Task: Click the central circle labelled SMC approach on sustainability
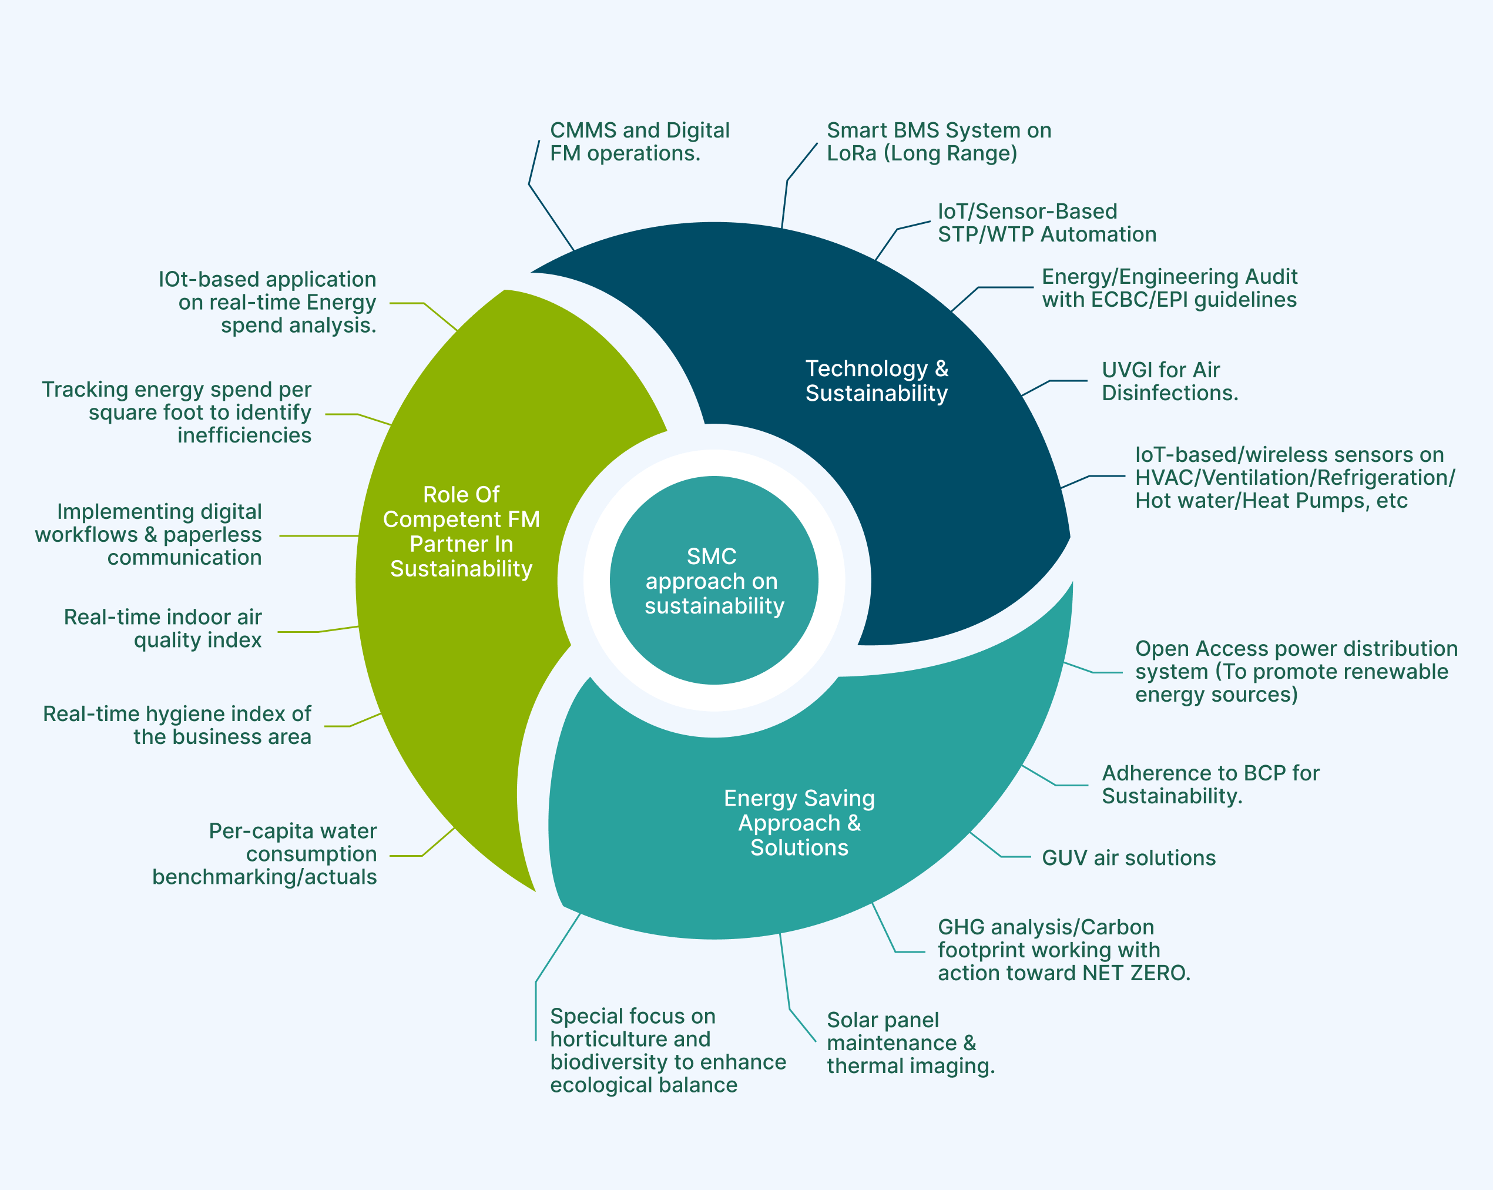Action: tap(714, 581)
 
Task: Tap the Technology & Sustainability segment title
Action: tap(876, 380)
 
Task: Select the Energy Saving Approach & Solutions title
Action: tap(799, 823)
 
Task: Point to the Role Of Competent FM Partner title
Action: tap(461, 531)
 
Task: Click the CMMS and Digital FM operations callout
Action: tap(639, 141)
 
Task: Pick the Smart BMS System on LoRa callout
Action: tap(938, 141)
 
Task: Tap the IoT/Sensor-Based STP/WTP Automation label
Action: tap(1046, 222)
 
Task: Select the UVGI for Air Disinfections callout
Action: tap(1169, 381)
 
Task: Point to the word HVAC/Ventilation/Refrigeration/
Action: tap(1294, 478)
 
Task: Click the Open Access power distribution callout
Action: tap(1295, 671)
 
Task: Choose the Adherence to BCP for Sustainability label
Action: tap(1210, 784)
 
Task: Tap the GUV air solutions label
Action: tap(1128, 858)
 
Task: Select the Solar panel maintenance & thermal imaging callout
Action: tap(910, 1042)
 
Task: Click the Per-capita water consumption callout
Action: tap(264, 853)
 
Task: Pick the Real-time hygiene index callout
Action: tap(177, 725)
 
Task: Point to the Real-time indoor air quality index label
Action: tap(163, 628)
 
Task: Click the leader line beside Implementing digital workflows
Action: tap(318, 535)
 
